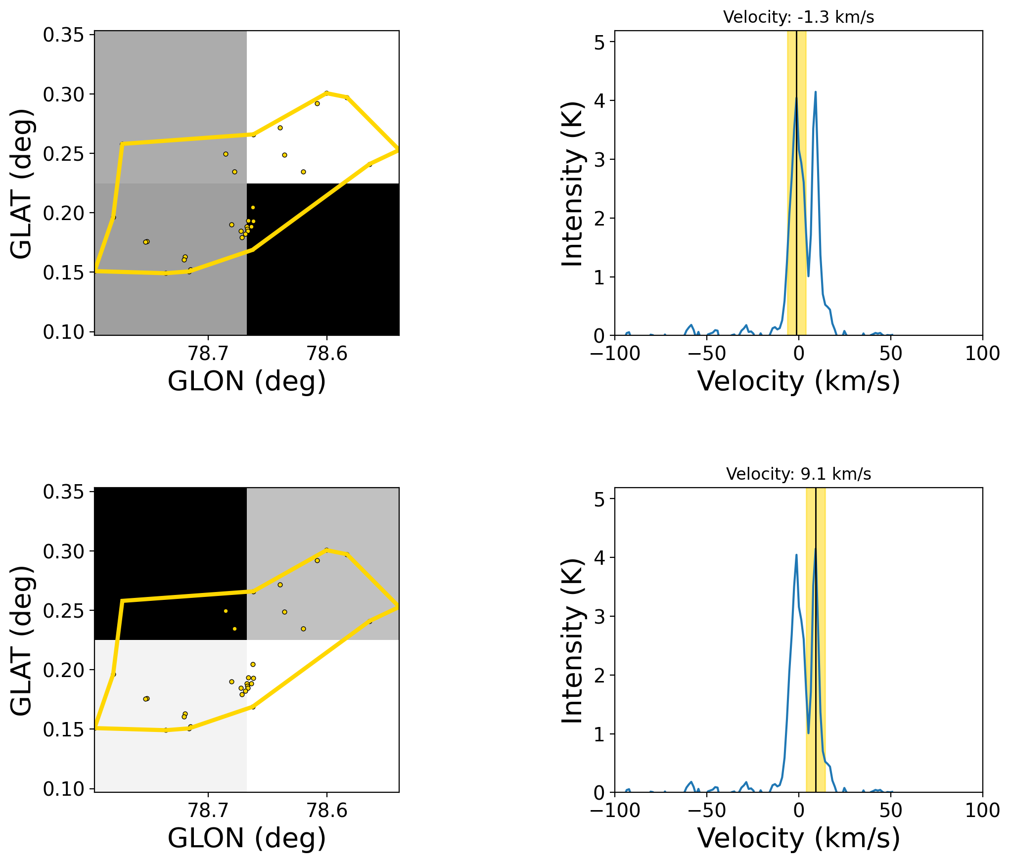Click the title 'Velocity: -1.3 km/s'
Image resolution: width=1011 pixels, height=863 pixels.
(x=798, y=17)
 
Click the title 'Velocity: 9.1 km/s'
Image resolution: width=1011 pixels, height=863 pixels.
(x=798, y=474)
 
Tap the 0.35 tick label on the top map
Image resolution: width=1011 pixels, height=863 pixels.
(x=64, y=35)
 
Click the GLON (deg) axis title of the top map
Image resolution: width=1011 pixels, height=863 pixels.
(x=247, y=381)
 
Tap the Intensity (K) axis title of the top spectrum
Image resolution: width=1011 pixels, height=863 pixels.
(x=573, y=183)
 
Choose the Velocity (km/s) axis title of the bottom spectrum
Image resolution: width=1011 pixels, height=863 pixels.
(x=798, y=838)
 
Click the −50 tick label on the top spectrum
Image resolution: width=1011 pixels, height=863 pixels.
(x=707, y=354)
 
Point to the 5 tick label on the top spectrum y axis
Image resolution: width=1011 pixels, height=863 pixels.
(x=599, y=43)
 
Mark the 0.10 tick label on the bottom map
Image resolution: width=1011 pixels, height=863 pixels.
(x=64, y=789)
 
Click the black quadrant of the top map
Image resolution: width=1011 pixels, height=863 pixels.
(x=322, y=259)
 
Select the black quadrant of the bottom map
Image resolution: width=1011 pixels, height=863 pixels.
(x=171, y=564)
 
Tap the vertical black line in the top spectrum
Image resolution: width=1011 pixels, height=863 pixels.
(x=796, y=183)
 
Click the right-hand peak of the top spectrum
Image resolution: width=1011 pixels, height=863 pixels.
(x=815, y=92)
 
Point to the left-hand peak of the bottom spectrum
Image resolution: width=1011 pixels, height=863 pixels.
(x=796, y=555)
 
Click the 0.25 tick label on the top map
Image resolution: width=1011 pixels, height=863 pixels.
(x=64, y=154)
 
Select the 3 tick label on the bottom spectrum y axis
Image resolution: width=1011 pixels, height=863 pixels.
(x=599, y=616)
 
